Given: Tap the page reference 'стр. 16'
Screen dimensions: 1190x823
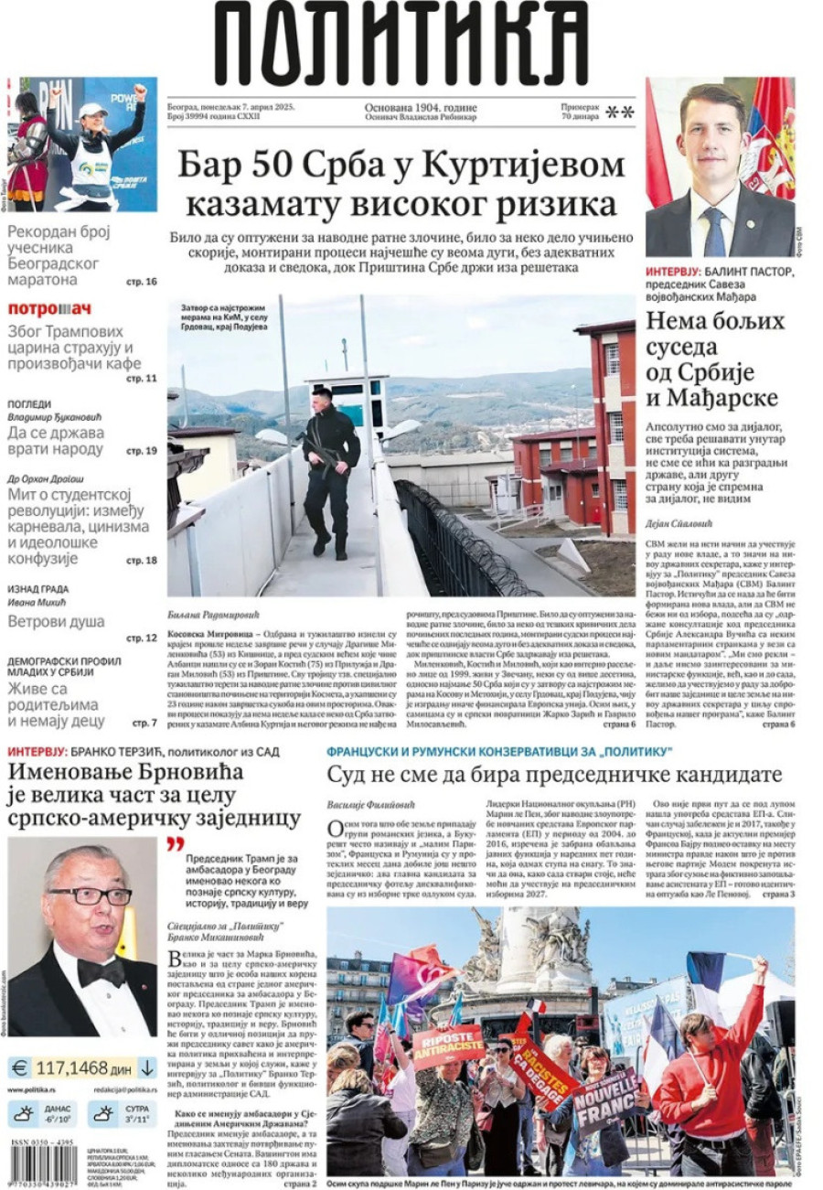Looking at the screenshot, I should pos(142,282).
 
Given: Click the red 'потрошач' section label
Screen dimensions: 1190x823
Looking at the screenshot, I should pos(50,308).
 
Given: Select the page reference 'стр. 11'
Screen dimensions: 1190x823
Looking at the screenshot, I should pos(142,378).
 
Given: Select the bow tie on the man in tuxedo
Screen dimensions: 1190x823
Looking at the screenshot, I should pos(101,971).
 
